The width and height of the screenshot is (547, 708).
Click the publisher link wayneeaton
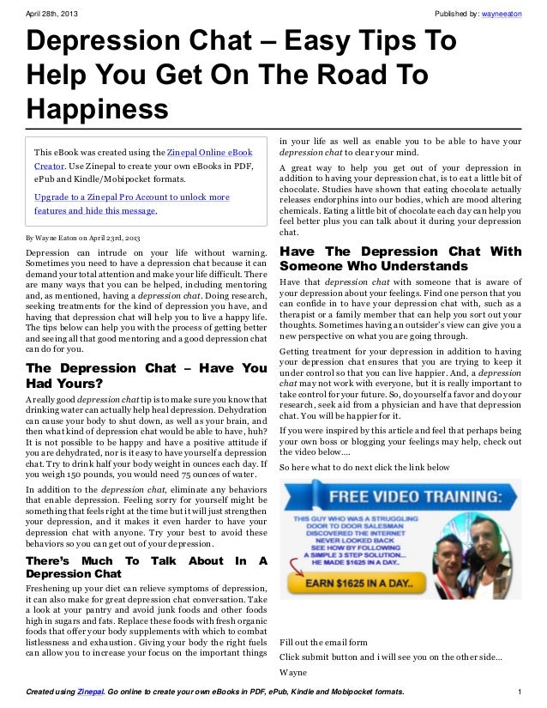coord(504,14)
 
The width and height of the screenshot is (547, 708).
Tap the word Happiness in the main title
coord(97,109)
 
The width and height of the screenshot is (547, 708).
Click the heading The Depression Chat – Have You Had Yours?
coord(147,375)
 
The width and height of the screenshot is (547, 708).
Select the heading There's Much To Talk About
coord(147,566)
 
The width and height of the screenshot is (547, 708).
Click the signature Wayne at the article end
coord(293,672)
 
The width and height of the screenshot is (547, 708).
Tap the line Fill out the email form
coord(323,641)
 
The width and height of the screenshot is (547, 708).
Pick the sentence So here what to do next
coord(364,466)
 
